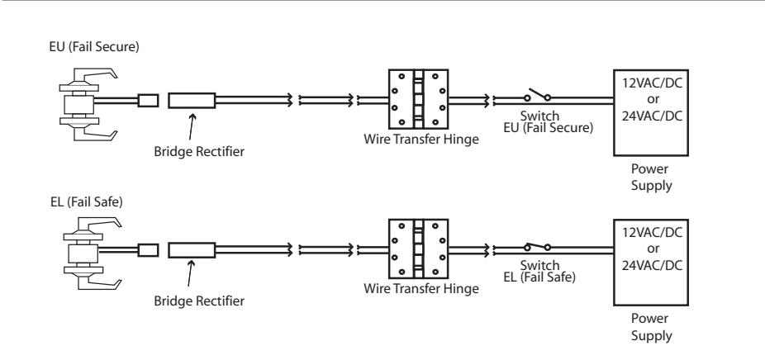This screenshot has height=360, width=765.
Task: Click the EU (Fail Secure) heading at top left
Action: click(94, 47)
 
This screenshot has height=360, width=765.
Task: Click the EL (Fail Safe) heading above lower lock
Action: click(87, 201)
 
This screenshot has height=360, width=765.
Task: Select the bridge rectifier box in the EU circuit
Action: click(192, 101)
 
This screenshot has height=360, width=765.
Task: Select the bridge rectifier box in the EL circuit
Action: click(192, 249)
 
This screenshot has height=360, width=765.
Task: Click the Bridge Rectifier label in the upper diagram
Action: click(199, 151)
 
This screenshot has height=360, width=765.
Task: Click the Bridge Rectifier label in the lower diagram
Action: click(199, 301)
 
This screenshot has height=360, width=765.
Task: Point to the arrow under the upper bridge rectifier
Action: click(192, 127)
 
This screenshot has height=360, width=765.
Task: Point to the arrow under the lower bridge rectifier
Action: click(190, 273)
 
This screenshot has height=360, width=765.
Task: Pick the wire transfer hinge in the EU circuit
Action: click(419, 99)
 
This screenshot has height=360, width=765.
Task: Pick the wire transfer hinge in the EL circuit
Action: click(419, 249)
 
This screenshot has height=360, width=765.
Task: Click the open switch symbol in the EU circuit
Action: click(538, 95)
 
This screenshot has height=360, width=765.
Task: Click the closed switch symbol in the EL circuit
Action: click(538, 246)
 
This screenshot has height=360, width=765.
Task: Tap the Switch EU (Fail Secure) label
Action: click(549, 122)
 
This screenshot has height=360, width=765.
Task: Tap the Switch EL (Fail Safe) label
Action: click(539, 272)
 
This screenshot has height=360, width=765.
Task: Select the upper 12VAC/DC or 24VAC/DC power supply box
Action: click(651, 112)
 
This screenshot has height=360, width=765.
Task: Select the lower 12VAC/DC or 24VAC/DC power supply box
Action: click(651, 263)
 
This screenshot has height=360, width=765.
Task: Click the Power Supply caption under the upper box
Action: click(651, 177)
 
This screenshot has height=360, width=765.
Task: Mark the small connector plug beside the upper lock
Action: click(148, 101)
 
